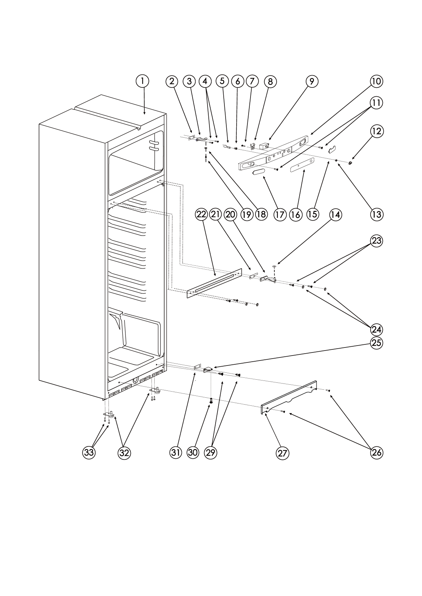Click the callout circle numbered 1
(142, 81)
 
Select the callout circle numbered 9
(312, 81)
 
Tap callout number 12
(376, 131)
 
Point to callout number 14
(335, 215)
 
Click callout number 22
(201, 215)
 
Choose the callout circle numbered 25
(376, 343)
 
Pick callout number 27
(282, 453)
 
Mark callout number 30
(193, 453)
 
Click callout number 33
(89, 453)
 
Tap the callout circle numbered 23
(376, 240)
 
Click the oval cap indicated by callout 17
(258, 172)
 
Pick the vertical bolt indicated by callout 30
(211, 401)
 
